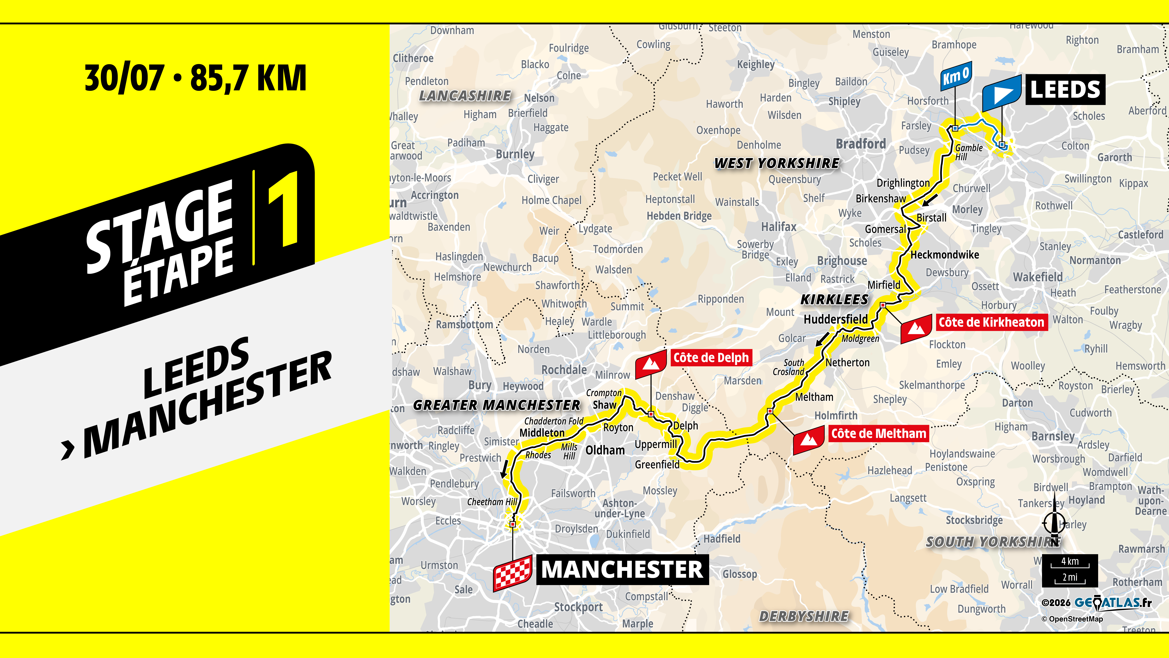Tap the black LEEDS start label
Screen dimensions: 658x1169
tap(1065, 89)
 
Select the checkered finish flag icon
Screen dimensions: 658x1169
tap(512, 573)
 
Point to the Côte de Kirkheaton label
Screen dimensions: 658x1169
tap(991, 322)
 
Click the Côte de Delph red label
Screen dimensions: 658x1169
tap(711, 358)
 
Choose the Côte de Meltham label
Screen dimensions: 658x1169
tap(878, 434)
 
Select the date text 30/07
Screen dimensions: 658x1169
tap(124, 78)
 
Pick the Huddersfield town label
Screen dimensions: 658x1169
tap(835, 319)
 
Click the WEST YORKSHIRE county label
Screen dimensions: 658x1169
tap(777, 163)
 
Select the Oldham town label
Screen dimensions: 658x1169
tap(605, 450)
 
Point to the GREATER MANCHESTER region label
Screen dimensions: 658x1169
tap(497, 405)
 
